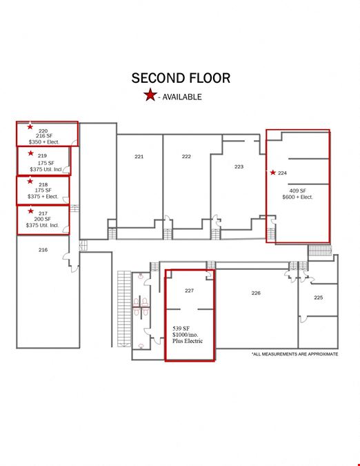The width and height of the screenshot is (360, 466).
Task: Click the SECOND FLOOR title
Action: [x=181, y=78]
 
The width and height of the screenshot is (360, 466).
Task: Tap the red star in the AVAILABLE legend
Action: [x=150, y=95]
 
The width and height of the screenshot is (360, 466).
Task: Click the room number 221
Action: [x=139, y=157]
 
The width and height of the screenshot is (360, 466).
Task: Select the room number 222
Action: [x=186, y=157]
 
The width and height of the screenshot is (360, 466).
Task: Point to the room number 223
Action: [x=239, y=167]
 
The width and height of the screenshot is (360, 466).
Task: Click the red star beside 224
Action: [x=272, y=173]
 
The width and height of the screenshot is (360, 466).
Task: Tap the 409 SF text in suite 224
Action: [x=298, y=191]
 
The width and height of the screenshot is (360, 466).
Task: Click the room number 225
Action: [x=319, y=298]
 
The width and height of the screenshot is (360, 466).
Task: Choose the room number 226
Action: [x=256, y=293]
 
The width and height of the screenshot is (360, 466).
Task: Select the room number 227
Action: [x=189, y=291]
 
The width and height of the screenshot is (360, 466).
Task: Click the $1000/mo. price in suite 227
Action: [x=186, y=335]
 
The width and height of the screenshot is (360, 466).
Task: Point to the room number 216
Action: [x=43, y=250]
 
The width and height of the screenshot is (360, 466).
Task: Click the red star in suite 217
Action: [x=30, y=211]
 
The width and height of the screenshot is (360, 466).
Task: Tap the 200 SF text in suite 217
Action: [x=43, y=219]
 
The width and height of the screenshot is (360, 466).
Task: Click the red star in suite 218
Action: [x=30, y=181]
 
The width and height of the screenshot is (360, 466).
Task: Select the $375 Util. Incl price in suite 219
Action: [x=46, y=169]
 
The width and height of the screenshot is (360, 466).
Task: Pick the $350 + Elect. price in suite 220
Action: [x=44, y=142]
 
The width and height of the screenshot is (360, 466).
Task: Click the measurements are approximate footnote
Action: [x=294, y=354]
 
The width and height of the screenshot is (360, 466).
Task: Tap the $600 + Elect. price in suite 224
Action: [x=298, y=197]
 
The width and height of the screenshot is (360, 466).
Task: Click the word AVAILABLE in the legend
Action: [x=182, y=97]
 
